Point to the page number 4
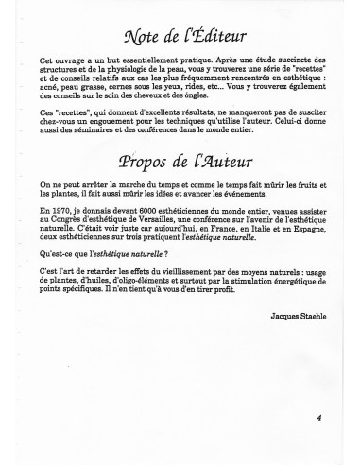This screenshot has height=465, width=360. [319, 415]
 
